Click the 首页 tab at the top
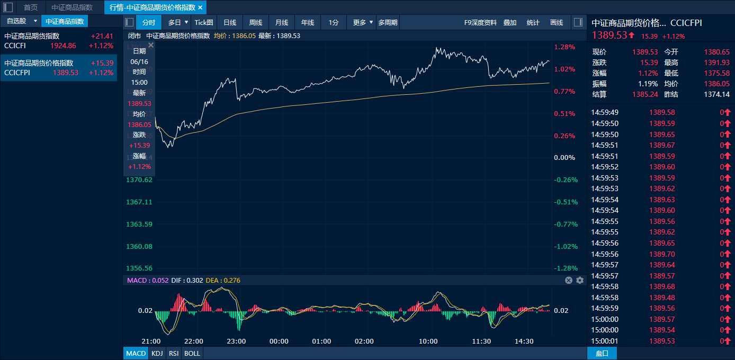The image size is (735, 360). pyautogui.click(x=31, y=7)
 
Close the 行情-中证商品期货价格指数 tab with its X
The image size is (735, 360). pyautogui.click(x=200, y=7)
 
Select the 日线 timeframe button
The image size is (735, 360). pyautogui.click(x=230, y=22)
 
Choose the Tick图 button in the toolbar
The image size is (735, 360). pyautogui.click(x=204, y=22)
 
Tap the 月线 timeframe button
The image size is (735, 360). pyautogui.click(x=282, y=22)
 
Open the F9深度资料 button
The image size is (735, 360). pyautogui.click(x=480, y=22)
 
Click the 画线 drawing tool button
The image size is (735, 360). pyautogui.click(x=557, y=22)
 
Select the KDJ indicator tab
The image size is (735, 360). pyautogui.click(x=157, y=353)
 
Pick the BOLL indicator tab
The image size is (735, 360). pyautogui.click(x=192, y=353)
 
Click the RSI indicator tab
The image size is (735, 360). pyautogui.click(x=173, y=353)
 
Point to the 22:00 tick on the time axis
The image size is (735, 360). pyautogui.click(x=194, y=341)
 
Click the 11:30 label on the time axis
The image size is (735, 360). pyautogui.click(x=481, y=341)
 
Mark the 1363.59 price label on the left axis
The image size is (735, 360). pyautogui.click(x=139, y=224)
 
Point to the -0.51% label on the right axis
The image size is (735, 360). pyautogui.click(x=566, y=202)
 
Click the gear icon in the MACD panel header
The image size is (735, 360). pyautogui.click(x=580, y=280)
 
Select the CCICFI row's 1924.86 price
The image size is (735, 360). pyautogui.click(x=63, y=46)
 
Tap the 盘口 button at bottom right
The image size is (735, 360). pyautogui.click(x=602, y=353)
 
